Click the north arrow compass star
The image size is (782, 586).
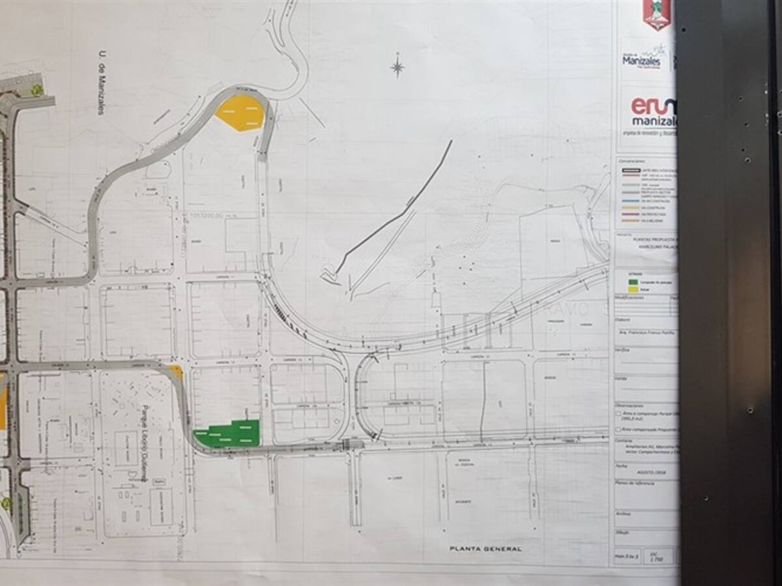point(397,66)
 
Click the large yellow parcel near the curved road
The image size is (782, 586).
point(240,113)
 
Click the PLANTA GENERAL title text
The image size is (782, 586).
point(485,549)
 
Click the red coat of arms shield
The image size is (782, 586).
point(657,13)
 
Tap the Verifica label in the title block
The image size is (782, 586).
point(624,350)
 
